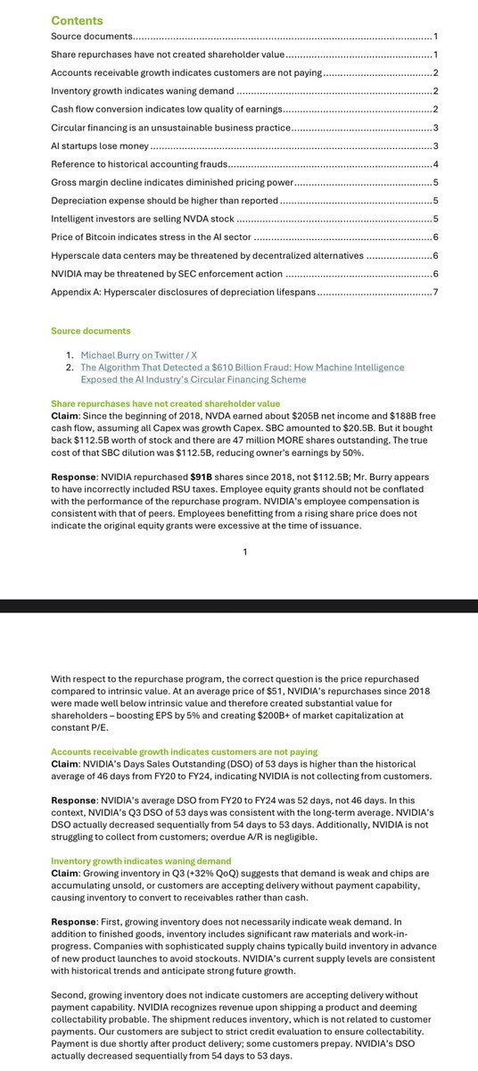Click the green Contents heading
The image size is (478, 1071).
[77, 21]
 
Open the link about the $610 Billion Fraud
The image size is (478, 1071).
[242, 367]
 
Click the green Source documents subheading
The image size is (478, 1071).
[90, 330]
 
